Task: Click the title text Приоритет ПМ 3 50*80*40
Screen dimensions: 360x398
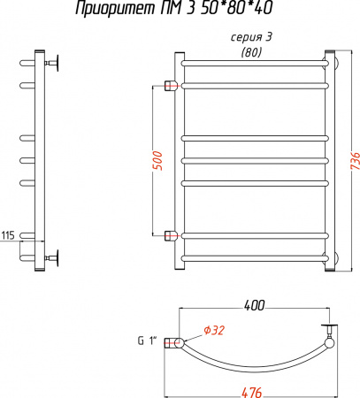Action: click(173, 8)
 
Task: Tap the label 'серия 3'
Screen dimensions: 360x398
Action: click(251, 38)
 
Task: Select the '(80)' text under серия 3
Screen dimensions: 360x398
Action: click(251, 52)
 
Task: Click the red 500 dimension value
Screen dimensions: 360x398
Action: click(157, 161)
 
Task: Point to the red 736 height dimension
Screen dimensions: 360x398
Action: click(356, 161)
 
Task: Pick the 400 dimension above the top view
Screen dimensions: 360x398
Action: click(255, 306)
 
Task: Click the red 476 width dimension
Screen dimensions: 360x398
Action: click(251, 393)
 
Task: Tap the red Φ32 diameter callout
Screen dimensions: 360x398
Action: click(214, 330)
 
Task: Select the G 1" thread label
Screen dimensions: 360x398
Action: click(147, 341)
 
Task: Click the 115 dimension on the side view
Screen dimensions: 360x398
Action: click(8, 235)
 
